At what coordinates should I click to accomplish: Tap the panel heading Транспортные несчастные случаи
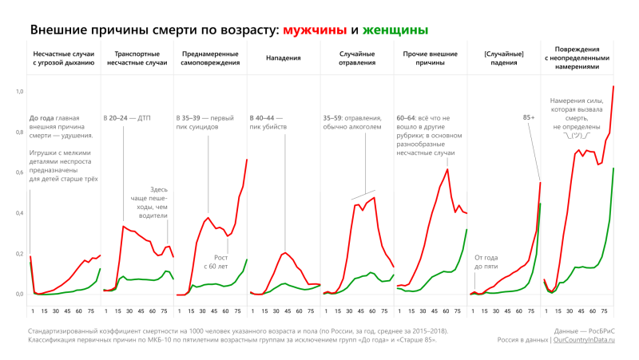point(135,57)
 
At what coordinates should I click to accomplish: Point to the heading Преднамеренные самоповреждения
point(209,57)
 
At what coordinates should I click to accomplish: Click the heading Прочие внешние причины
point(432,57)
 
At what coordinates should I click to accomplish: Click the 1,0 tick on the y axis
point(20,92)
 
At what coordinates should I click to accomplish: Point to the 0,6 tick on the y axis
point(20,172)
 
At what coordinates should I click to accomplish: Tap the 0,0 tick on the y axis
point(20,294)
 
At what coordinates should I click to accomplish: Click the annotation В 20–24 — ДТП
point(127,117)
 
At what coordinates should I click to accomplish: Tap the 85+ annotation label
point(529,117)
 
